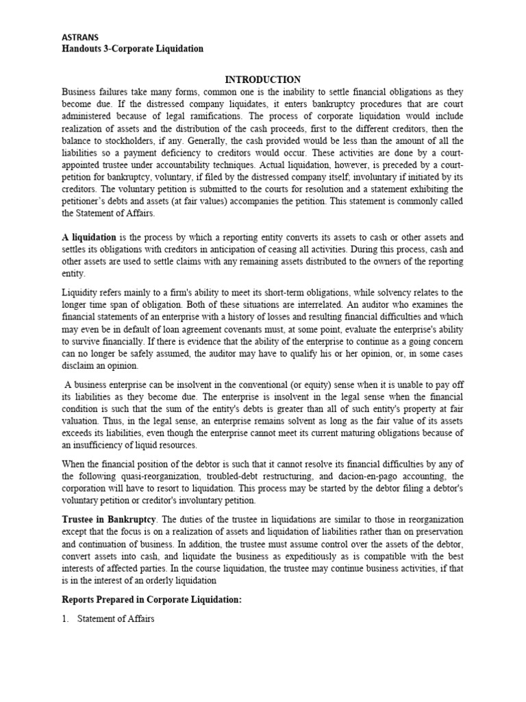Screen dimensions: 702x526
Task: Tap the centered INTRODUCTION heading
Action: tap(262, 80)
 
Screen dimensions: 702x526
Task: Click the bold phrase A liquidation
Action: tap(89, 237)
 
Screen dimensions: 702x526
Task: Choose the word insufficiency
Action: tap(98, 444)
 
